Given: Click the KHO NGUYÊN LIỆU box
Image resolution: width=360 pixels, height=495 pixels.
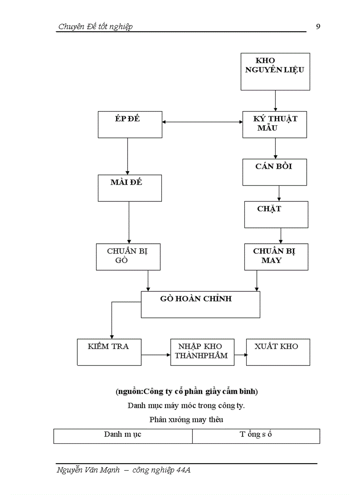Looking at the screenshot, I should pyautogui.click(x=275, y=71).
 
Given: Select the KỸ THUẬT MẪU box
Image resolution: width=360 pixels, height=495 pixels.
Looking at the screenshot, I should pyautogui.click(x=274, y=124).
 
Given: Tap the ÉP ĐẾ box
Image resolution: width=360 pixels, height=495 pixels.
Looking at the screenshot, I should pyautogui.click(x=130, y=124).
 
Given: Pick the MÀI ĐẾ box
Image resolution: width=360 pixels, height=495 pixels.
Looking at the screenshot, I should pyautogui.click(x=130, y=188).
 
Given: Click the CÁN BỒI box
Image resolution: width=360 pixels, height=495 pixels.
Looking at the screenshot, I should pyautogui.click(x=274, y=172).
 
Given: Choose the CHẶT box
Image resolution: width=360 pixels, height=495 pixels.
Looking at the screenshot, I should pyautogui.click(x=276, y=214).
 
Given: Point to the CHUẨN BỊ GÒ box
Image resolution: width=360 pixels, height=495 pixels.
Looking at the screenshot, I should pyautogui.click(x=128, y=257).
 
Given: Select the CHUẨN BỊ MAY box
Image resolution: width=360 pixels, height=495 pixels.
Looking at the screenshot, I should pyautogui.click(x=276, y=257).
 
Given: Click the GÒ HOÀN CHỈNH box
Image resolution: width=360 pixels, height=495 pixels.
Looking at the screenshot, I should pyautogui.click(x=200, y=304).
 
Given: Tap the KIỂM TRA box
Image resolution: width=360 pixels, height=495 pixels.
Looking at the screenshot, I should pyautogui.click(x=109, y=352).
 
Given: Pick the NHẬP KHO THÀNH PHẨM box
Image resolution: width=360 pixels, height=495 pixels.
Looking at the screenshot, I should pyautogui.click(x=202, y=352).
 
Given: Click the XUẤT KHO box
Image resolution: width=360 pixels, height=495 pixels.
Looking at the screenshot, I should pyautogui.click(x=278, y=352).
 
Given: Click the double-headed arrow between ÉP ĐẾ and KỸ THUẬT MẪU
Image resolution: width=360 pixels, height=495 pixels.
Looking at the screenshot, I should pyautogui.click(x=202, y=122).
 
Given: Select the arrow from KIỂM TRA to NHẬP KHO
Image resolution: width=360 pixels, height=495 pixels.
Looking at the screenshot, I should pyautogui.click(x=156, y=354).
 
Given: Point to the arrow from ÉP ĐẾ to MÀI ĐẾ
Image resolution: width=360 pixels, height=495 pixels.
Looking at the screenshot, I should pyautogui.click(x=127, y=156).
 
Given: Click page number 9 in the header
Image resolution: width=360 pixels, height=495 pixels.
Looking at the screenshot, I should pyautogui.click(x=318, y=26).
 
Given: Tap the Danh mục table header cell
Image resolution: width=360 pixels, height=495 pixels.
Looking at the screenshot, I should pyautogui.click(x=123, y=435).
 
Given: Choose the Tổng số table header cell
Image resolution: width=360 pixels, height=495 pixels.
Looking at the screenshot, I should pyautogui.click(x=256, y=435).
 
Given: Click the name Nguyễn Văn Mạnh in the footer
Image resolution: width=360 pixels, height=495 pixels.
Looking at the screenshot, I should pyautogui.click(x=88, y=470).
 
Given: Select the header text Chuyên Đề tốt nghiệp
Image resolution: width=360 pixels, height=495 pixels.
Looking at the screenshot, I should pyautogui.click(x=95, y=26).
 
